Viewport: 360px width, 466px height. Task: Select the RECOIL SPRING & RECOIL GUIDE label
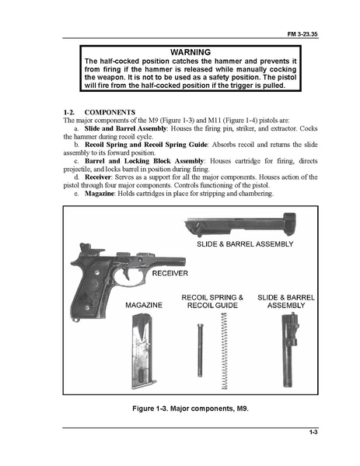click(212, 302)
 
